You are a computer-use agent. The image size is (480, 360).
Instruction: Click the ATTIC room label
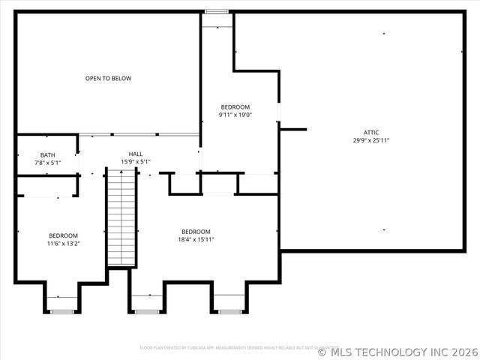coord(371,132)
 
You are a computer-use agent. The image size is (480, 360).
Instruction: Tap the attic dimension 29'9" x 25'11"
coord(371,140)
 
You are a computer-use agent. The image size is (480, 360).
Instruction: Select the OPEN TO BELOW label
coord(108,78)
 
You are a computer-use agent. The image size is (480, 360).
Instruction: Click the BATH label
coord(47,155)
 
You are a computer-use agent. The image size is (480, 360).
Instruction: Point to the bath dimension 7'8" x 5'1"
coord(47,163)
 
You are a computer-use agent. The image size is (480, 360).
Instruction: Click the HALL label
coord(136,153)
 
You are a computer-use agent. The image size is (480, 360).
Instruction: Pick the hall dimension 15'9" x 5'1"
coord(136,161)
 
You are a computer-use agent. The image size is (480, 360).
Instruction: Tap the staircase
coord(120,217)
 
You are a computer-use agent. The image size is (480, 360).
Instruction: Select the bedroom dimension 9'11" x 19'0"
coord(235,115)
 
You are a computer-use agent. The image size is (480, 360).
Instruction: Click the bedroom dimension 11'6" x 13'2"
coord(63,243)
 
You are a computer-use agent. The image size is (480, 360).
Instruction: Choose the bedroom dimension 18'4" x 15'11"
coord(196,239)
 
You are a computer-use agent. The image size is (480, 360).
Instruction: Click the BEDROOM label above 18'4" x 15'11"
coord(196,231)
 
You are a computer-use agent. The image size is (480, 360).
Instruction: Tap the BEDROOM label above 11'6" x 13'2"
coord(63,235)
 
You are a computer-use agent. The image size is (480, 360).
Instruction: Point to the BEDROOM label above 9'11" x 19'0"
coord(235,106)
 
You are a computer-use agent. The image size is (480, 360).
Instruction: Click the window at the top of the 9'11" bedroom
coord(217,12)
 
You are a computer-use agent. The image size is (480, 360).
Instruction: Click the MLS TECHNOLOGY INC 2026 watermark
coord(397,351)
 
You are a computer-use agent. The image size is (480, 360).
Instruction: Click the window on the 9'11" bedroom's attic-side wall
coord(278,112)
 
